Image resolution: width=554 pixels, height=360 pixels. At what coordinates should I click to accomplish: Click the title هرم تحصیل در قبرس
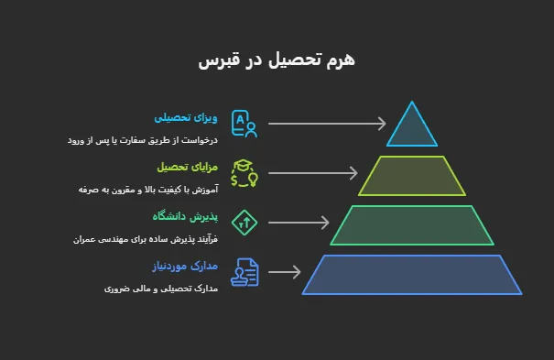pyautogui.click(x=276, y=61)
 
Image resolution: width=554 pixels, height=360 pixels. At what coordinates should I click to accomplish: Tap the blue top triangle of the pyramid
pyautogui.click(x=412, y=129)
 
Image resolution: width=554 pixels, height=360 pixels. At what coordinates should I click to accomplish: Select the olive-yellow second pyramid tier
pyautogui.click(x=412, y=176)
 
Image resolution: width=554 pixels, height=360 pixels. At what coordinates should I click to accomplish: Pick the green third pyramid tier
pyautogui.click(x=412, y=225)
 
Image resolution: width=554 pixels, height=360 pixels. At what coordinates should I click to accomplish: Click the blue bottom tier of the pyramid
pyautogui.click(x=412, y=275)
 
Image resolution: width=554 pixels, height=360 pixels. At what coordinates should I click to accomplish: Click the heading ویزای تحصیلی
pyautogui.click(x=185, y=118)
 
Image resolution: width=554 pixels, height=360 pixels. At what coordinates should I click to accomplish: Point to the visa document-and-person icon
pyautogui.click(x=244, y=124)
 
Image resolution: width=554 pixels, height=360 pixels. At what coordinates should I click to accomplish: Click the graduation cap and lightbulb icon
pyautogui.click(x=244, y=173)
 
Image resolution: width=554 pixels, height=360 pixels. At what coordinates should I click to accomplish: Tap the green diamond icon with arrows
pyautogui.click(x=244, y=222)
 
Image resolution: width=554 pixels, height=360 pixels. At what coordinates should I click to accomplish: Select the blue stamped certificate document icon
pyautogui.click(x=244, y=272)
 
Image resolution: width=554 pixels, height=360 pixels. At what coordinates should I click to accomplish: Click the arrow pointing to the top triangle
pyautogui.click(x=328, y=124)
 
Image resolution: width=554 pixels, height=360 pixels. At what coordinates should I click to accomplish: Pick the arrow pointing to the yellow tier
pyautogui.click(x=314, y=173)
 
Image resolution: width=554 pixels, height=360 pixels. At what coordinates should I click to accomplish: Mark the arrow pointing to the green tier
pyautogui.click(x=299, y=223)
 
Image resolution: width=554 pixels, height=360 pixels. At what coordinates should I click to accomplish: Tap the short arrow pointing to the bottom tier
pyautogui.click(x=285, y=272)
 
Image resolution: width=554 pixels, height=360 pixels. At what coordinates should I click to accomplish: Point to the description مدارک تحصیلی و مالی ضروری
pyautogui.click(x=161, y=289)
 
